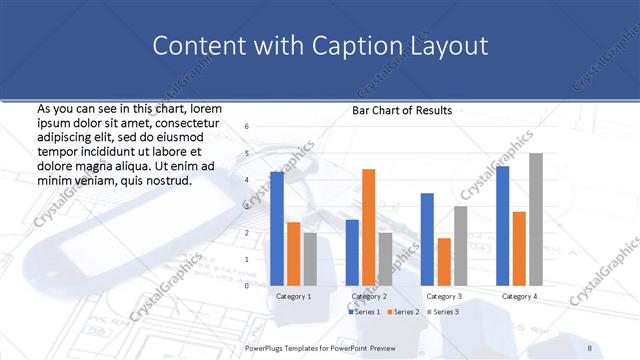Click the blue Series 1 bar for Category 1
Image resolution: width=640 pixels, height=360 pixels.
[277, 228]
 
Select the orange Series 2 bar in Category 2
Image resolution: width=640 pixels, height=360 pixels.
[369, 227]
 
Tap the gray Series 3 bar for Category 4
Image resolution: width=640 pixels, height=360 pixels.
[536, 219]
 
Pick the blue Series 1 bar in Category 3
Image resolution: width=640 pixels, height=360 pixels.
[427, 239]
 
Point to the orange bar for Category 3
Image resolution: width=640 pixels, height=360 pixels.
[444, 261]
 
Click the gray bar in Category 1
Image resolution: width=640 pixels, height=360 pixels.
[310, 259]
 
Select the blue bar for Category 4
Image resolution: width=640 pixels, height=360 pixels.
[502, 225]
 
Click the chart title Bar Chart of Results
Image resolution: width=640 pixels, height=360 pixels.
[401, 111]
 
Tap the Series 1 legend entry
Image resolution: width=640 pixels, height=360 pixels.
[364, 313]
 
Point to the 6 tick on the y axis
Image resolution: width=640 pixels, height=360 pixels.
[247, 127]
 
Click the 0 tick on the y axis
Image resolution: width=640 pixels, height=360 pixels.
[247, 286]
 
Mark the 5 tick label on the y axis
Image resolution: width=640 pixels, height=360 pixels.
[247, 153]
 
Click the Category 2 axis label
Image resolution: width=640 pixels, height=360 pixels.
[369, 297]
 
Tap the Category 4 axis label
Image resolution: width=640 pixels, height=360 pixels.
[519, 297]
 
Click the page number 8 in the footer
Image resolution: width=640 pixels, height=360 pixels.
[590, 347]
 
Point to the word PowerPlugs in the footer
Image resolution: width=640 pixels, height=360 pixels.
[264, 347]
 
